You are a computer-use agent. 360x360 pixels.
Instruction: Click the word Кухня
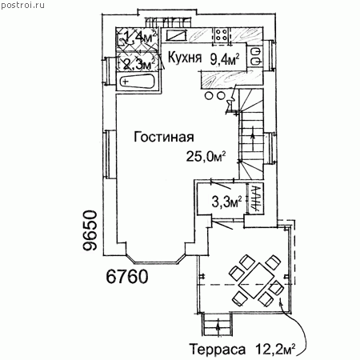185,58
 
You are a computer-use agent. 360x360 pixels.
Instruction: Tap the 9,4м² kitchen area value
225,59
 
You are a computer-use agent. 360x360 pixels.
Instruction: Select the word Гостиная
164,137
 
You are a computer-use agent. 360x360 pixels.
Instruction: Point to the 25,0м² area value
206,157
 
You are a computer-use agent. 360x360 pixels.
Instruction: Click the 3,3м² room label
226,202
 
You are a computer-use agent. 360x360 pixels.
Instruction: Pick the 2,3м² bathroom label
139,64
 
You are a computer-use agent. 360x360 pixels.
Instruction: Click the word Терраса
218,349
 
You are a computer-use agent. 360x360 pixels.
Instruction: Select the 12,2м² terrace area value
275,349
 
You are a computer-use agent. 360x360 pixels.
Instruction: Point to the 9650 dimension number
90,230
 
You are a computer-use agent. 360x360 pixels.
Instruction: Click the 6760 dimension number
127,277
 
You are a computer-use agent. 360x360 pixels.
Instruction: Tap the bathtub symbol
137,81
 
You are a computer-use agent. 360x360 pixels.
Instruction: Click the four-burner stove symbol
222,35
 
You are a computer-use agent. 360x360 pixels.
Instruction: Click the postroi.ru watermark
22,5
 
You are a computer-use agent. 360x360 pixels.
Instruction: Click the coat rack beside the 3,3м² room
255,198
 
